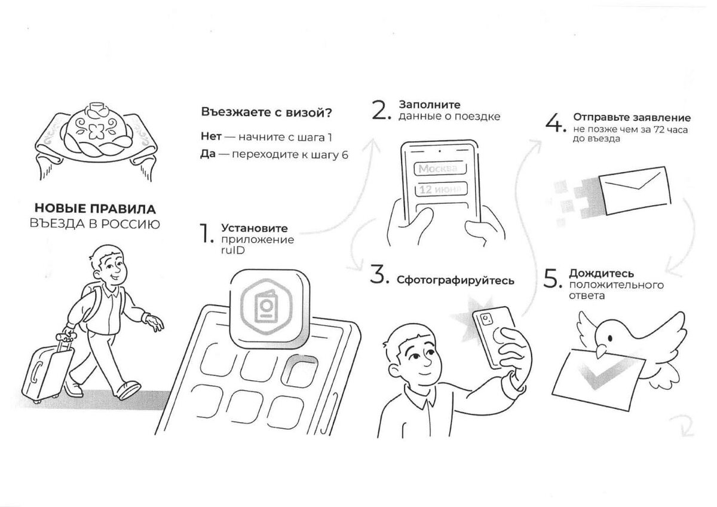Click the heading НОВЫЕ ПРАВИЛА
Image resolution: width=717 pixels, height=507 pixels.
[95, 209]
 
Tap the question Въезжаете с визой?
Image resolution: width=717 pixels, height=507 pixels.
[266, 112]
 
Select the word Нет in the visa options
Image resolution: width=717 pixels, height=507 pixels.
[212, 137]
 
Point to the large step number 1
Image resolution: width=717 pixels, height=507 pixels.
[206, 234]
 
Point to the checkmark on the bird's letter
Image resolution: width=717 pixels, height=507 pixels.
[597, 377]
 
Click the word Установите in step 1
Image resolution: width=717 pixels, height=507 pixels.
[254, 228]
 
